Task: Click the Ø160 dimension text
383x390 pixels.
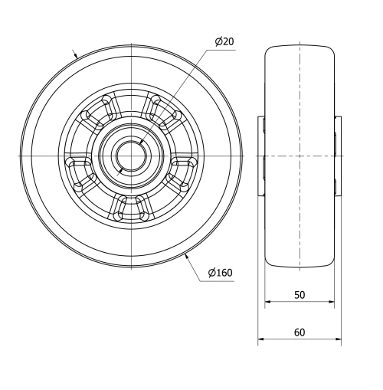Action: tap(220, 272)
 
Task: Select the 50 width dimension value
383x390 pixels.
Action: tap(299, 295)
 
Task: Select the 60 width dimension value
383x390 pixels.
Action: tap(299, 332)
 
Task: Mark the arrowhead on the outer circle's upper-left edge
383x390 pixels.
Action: tap(75, 54)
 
